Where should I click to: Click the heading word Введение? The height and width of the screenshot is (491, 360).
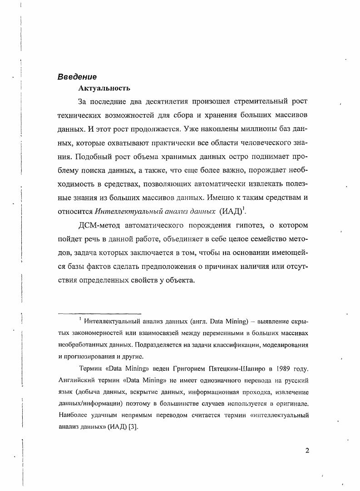tap(77, 77)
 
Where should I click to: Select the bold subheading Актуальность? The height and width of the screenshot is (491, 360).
tap(104, 88)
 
